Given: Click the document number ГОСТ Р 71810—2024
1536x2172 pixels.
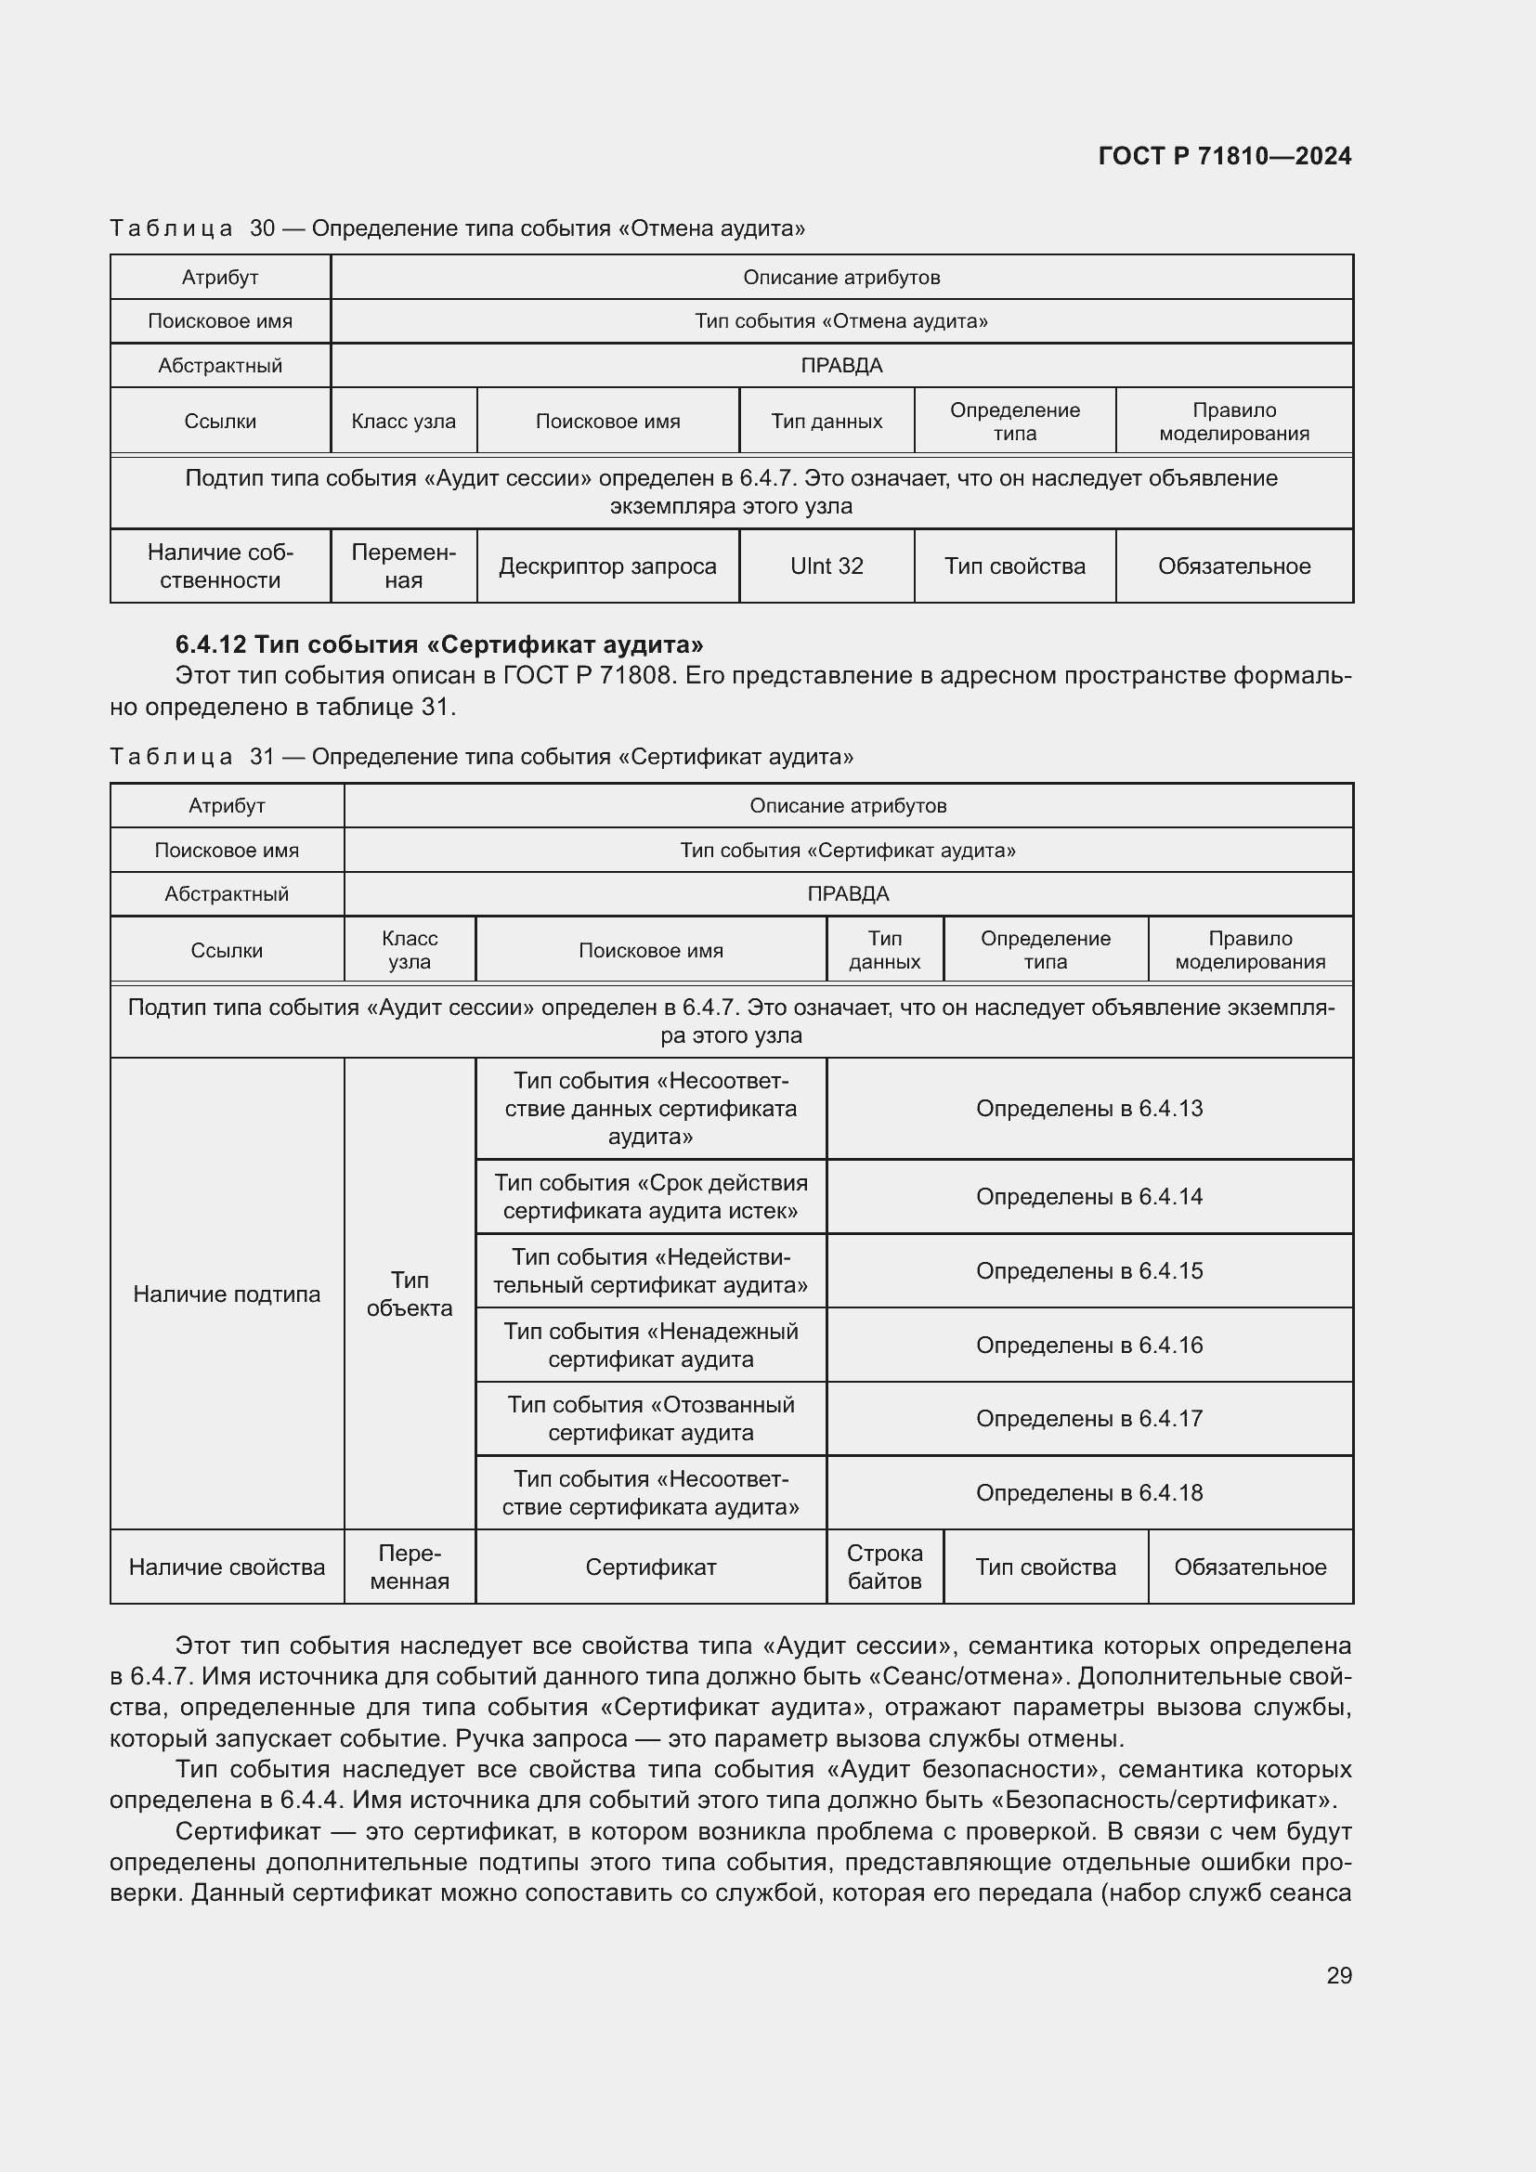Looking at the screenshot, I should click(x=1224, y=156).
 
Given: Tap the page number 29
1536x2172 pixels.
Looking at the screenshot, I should click(x=1338, y=1975).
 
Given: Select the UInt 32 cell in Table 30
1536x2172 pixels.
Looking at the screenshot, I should click(x=826, y=566).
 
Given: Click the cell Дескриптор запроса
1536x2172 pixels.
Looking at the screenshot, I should click(x=607, y=566).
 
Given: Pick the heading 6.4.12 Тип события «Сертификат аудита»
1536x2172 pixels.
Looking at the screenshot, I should click(x=439, y=644).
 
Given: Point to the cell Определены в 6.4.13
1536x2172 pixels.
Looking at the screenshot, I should click(x=1088, y=1108).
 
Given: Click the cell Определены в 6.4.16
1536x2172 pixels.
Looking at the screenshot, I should click(x=1088, y=1345).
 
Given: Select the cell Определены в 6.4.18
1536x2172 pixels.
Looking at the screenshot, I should click(x=1088, y=1492).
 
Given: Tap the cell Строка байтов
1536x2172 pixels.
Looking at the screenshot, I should click(x=884, y=1567).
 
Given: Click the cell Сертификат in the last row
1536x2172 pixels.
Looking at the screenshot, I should click(x=651, y=1567).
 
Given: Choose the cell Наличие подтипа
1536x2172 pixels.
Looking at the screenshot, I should click(x=226, y=1294).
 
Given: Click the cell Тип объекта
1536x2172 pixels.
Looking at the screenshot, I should click(x=409, y=1294).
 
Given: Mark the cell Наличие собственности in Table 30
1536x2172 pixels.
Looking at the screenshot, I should click(x=219, y=566).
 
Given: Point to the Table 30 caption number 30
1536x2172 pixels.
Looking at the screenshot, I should click(x=262, y=228).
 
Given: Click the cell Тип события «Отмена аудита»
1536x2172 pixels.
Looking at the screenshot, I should click(x=840, y=320).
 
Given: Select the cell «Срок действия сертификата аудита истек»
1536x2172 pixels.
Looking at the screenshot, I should click(x=651, y=1196).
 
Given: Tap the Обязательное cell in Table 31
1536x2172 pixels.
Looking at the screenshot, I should click(x=1249, y=1567).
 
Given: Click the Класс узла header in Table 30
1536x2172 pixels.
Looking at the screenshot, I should click(x=403, y=421).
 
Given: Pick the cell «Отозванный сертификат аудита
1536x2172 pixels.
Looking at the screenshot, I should click(x=651, y=1418).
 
